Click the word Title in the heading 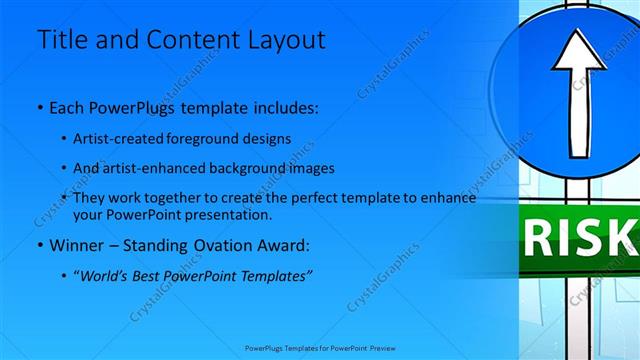point(61,40)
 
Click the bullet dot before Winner point(38,245)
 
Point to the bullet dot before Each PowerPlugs point(38,106)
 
